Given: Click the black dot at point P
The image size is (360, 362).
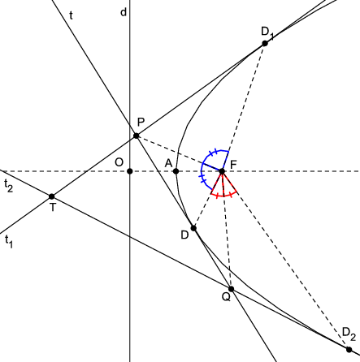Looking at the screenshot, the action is (x=137, y=136).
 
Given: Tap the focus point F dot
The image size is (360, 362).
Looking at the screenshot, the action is (x=222, y=171).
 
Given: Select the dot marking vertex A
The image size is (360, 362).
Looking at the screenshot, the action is (x=176, y=171).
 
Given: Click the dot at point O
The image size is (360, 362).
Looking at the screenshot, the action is (x=130, y=171).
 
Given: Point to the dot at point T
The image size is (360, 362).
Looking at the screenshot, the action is (x=52, y=196).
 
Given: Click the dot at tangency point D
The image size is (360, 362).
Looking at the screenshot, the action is (x=193, y=228).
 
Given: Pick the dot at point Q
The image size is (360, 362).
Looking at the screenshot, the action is (x=231, y=289).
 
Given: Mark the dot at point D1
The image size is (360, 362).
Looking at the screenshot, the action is (x=265, y=43).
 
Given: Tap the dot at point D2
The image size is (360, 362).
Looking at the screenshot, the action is (x=349, y=349).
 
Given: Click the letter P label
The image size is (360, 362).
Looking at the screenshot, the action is (x=141, y=123).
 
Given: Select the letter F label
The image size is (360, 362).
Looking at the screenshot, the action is (x=233, y=164).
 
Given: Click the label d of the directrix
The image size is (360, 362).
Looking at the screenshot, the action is (x=124, y=12).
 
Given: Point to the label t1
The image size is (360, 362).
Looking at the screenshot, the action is (x=9, y=241).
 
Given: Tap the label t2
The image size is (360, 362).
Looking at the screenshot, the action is (x=9, y=186).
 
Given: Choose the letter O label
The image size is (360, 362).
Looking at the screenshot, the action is (x=119, y=162).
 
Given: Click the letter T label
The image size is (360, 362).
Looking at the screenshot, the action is (x=53, y=208).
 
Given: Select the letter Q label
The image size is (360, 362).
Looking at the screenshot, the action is (x=226, y=297).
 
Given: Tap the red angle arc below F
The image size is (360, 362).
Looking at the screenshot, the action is (x=223, y=196).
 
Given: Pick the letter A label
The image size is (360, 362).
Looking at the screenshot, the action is (x=168, y=163).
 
